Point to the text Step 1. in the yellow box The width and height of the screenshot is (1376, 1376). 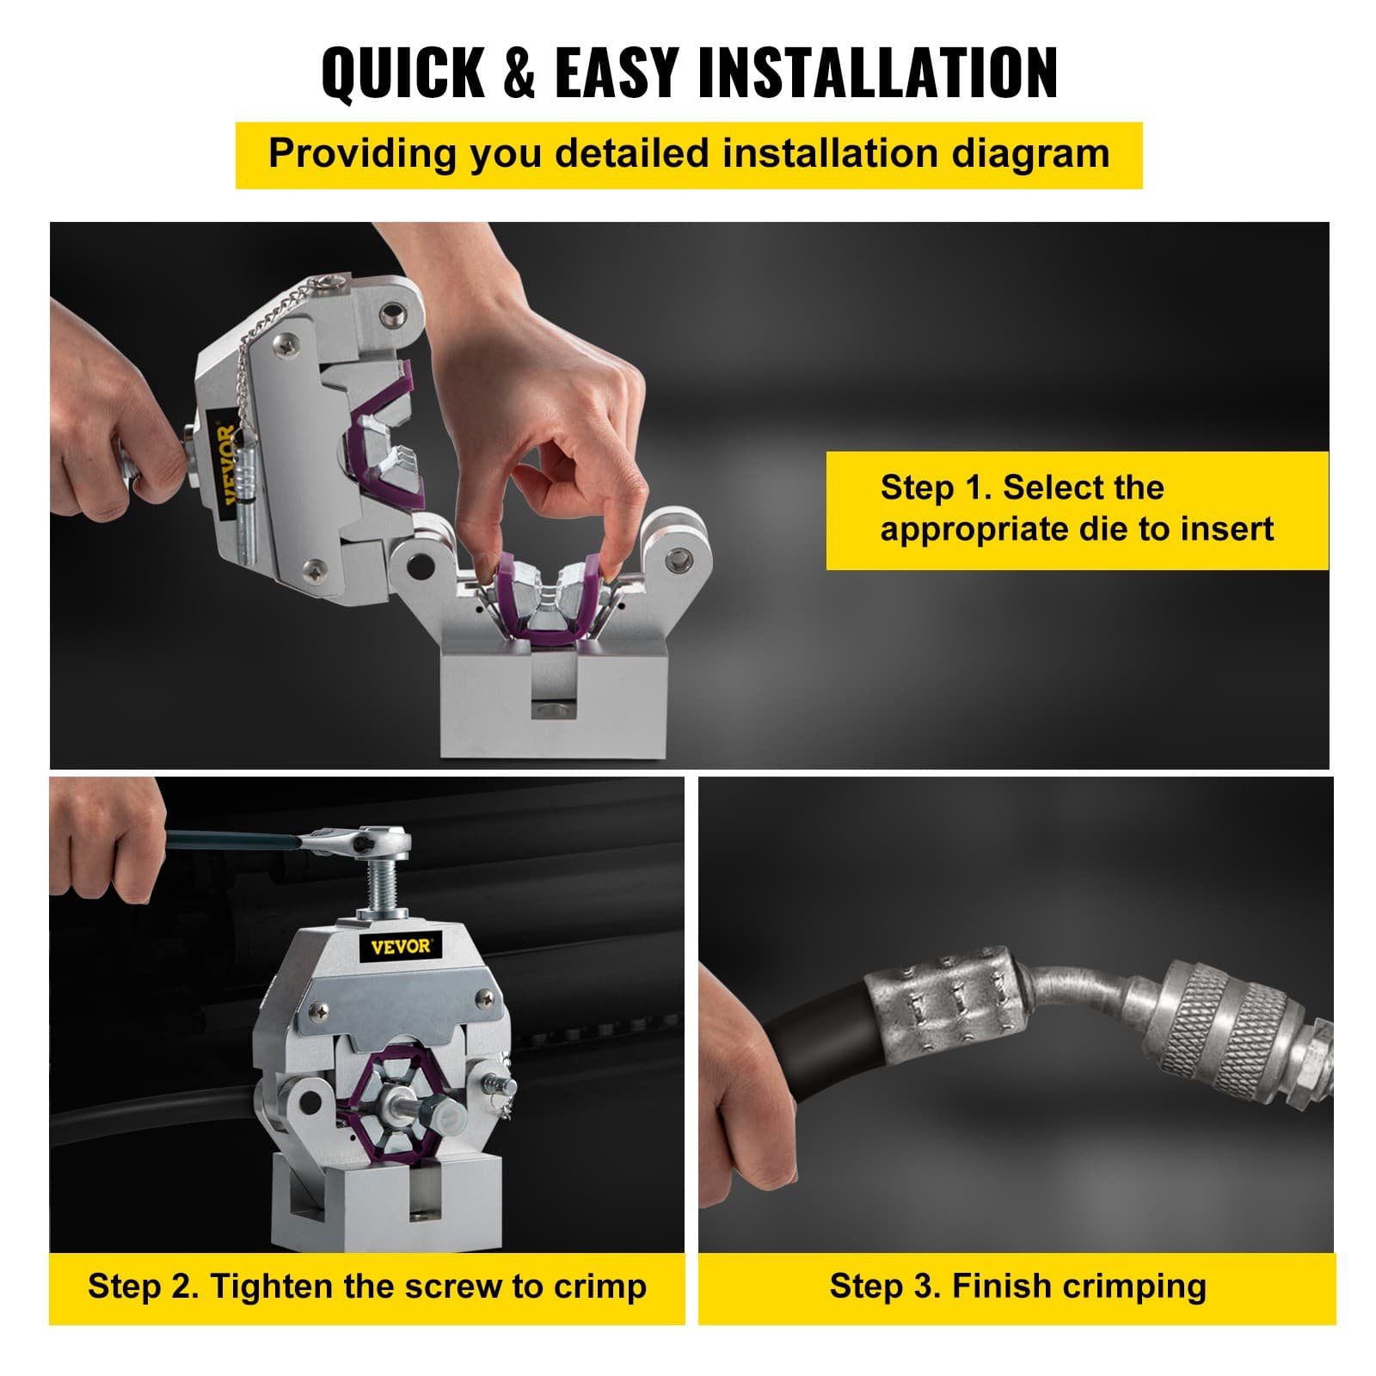pos(936,488)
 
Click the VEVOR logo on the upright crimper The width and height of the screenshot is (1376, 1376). pos(401,946)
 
